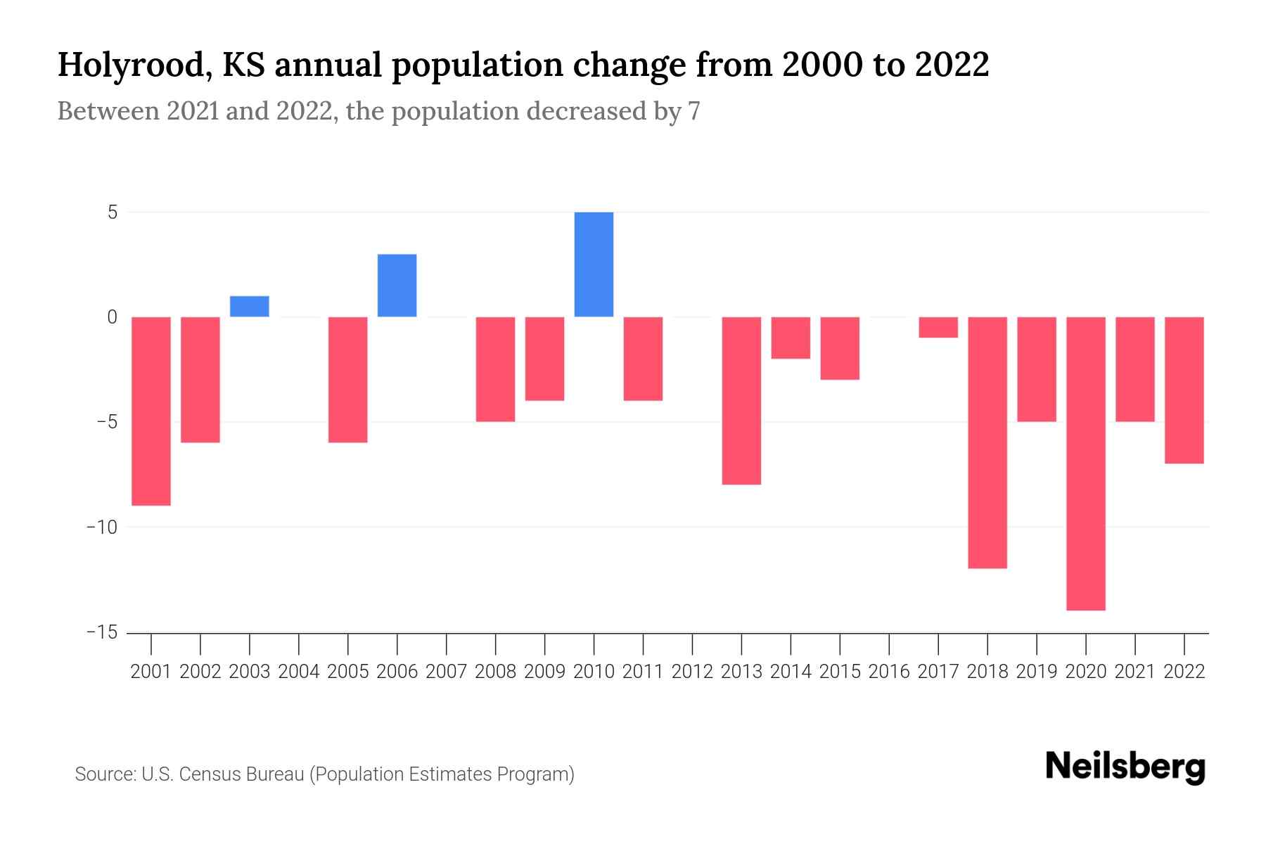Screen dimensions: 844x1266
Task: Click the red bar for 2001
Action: coord(151,411)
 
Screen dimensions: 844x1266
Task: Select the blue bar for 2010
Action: coord(594,264)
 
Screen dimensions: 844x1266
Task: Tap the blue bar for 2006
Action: coord(397,286)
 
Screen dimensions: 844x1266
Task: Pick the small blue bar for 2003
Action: coord(250,307)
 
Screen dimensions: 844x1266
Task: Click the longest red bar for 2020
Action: coord(1085,463)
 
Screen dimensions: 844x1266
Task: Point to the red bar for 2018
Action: coord(987,442)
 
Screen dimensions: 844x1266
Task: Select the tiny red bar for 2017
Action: coord(938,327)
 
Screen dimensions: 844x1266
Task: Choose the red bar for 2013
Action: coord(741,400)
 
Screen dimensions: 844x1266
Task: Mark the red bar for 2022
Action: coord(1184,390)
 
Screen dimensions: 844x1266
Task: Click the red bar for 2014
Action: coord(791,338)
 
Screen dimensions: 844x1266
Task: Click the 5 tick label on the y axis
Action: coord(113,212)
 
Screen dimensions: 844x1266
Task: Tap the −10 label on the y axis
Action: coord(102,527)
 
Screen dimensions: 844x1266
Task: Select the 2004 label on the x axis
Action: coord(299,672)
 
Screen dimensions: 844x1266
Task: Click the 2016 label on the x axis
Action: coord(889,672)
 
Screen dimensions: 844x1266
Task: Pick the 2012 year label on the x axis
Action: coord(692,672)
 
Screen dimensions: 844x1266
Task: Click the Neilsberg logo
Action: coord(1125,767)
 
